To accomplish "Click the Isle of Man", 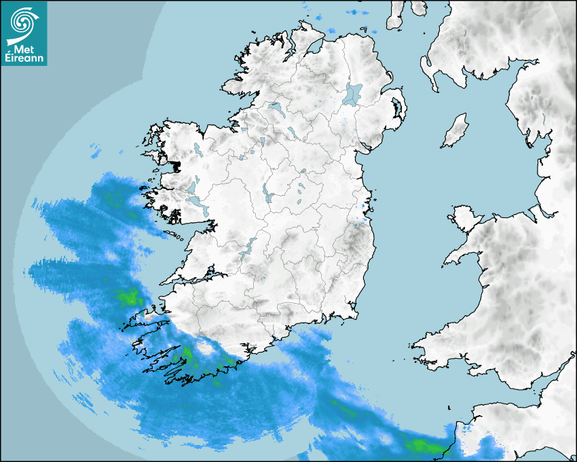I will (455, 131).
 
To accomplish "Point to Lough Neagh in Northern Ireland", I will (353, 93).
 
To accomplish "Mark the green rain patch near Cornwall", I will (421, 446).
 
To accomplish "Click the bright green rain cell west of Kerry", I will (127, 297).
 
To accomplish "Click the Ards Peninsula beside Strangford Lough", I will (401, 109).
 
